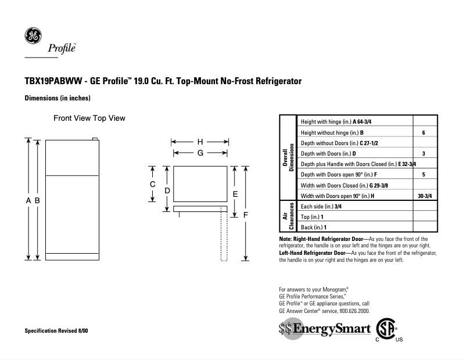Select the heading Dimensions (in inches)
tap(58, 98)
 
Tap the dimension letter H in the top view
tap(200, 142)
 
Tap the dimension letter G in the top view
tap(200, 153)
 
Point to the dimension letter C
tap(152, 184)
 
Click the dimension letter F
tap(246, 214)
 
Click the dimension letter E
tap(235, 194)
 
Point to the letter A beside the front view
tap(28, 200)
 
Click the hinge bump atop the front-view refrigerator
tap(95, 138)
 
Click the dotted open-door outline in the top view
tap(223, 238)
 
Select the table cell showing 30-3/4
tap(424, 196)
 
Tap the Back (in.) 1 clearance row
tap(314, 227)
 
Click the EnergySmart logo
tap(324, 329)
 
